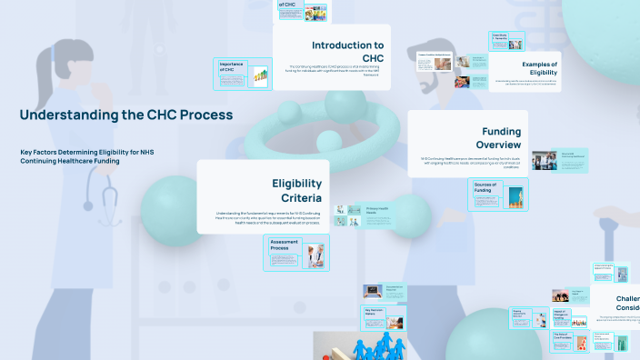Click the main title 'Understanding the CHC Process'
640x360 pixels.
click(125, 115)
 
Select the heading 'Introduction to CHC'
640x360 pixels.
click(347, 52)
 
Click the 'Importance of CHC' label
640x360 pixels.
click(232, 68)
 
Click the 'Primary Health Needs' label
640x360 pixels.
click(376, 210)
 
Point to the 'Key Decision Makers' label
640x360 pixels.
click(375, 311)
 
